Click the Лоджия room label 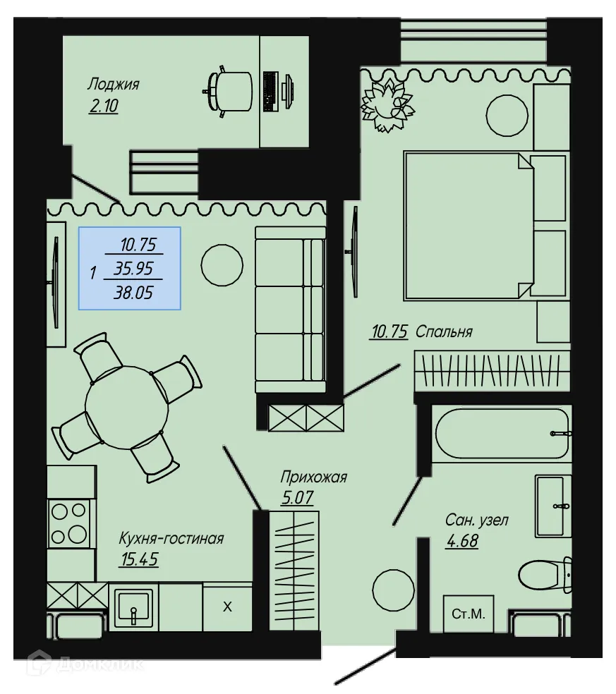(113, 85)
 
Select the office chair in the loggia (231, 91)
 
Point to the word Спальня (444, 331)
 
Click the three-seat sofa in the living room (289, 309)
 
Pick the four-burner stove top (70, 523)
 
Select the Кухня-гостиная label (171, 540)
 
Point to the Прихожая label (313, 477)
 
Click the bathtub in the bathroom (502, 434)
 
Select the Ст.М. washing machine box (469, 614)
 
